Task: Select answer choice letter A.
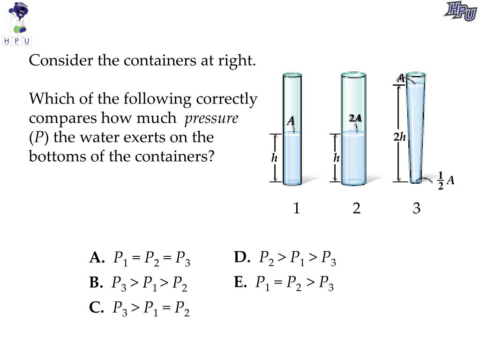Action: (96, 258)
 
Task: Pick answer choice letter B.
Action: (95, 283)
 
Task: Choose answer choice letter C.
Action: (96, 308)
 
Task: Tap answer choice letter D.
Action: (241, 257)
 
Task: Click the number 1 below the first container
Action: (296, 208)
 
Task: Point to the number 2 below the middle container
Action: (357, 208)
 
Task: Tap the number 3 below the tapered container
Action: (417, 208)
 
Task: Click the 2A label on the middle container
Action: (355, 118)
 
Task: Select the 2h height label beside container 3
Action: (399, 137)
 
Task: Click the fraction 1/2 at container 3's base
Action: (441, 181)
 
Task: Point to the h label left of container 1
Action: (275, 158)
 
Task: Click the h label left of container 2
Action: (336, 158)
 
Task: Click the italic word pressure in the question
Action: (211, 119)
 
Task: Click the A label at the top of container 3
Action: (401, 78)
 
